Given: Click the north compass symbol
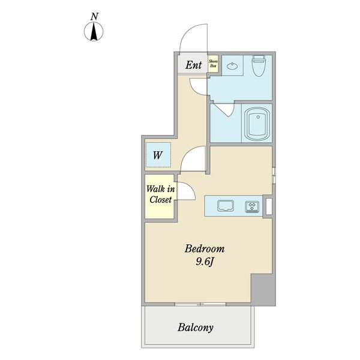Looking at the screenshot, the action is pos(94,31).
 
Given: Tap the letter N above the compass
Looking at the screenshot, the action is pos(94,17).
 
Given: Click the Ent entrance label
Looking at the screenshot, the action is pos(193,65).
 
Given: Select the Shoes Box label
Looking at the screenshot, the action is pos(213,64).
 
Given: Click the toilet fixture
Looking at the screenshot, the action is pos(259,65).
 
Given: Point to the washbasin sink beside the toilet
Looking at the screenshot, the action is pos(233,67).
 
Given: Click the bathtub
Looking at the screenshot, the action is pos(257,124).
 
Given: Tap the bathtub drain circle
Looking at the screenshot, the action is pos(258,117).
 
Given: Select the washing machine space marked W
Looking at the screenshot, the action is pos(158,155).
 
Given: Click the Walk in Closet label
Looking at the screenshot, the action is pos(160,194).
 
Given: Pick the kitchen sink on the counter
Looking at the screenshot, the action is pos(226,206).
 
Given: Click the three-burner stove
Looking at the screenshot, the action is pos(252,206).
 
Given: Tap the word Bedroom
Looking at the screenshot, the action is pos(205,248).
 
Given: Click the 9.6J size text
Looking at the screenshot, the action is pos(205,262).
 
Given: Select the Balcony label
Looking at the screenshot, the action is pos(196,328).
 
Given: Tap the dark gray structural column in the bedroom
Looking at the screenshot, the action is pos(263,290).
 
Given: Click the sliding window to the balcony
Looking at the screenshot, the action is pos(200,304).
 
